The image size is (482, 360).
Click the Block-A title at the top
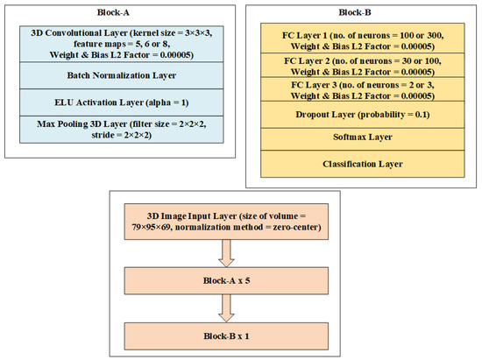click(x=113, y=12)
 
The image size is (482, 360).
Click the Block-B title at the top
click(x=355, y=12)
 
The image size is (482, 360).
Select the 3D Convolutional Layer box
click(x=122, y=44)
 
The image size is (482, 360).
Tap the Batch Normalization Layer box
click(x=122, y=75)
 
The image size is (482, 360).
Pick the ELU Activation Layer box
click(x=122, y=102)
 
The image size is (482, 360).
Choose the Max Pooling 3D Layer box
click(x=122, y=130)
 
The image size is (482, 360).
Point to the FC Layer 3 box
click(x=363, y=89)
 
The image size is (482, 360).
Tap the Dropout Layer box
click(x=363, y=115)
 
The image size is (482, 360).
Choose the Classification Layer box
click(x=363, y=164)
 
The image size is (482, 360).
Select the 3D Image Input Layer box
click(x=226, y=222)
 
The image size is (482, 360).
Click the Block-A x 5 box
click(x=226, y=281)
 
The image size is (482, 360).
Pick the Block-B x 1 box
click(x=226, y=336)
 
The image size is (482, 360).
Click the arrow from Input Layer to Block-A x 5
click(x=226, y=253)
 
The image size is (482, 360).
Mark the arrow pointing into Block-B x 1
click(x=226, y=308)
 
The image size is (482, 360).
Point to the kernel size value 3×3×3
click(x=198, y=33)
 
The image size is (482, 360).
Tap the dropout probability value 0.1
click(x=422, y=115)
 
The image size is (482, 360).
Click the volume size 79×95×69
click(x=151, y=228)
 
